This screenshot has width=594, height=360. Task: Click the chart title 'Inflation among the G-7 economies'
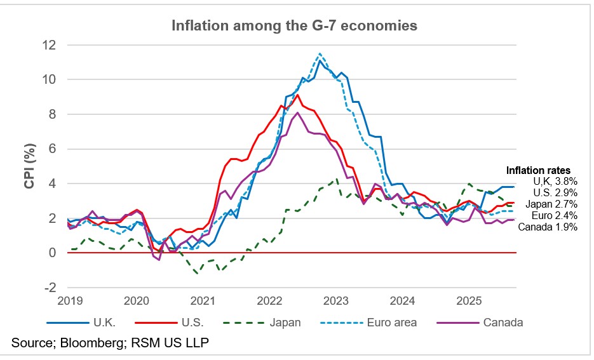294,26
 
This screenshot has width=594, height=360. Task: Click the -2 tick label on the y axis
49,287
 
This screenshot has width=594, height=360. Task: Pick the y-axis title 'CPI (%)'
29,166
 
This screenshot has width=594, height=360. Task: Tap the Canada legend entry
502,323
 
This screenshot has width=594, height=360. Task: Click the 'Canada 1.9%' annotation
548,227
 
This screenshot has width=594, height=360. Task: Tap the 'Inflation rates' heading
538,170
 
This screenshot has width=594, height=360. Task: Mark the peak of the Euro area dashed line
320,53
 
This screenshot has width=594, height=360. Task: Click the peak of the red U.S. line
297,95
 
